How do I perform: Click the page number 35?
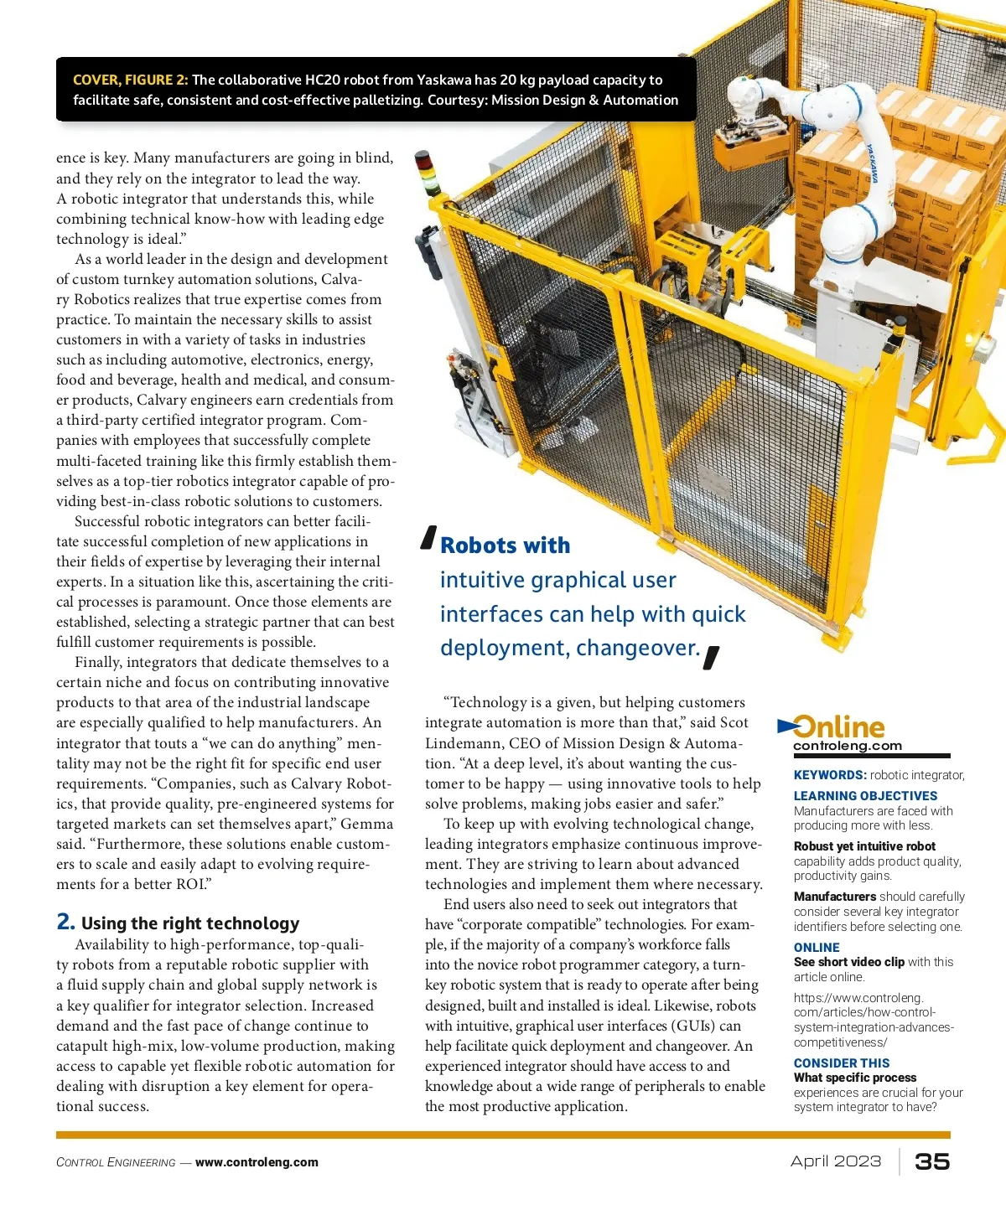[932, 1161]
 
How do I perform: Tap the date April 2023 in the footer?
[836, 1161]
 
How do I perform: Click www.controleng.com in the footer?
[257, 1162]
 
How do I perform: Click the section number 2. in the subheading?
[65, 922]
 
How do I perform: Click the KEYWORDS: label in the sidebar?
[830, 775]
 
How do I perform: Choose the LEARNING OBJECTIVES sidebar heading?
[865, 796]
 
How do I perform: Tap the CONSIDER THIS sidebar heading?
[842, 1062]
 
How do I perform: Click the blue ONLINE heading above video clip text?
[817, 947]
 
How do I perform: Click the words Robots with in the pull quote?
[505, 545]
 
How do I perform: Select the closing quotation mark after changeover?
[711, 657]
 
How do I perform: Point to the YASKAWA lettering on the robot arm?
[873, 164]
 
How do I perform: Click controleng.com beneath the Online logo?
[848, 746]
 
